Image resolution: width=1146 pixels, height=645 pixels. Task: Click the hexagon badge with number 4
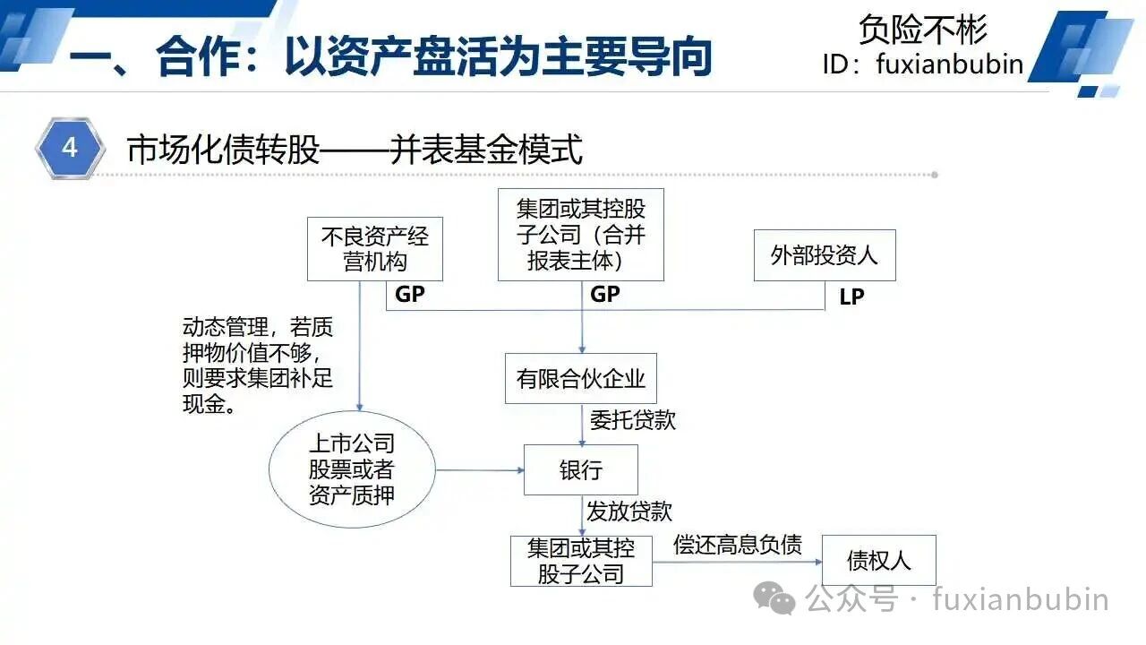pos(71,148)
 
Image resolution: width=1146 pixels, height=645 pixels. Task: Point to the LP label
pos(851,297)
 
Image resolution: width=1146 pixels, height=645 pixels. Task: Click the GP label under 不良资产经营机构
pos(410,295)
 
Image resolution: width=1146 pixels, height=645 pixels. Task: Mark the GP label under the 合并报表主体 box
pos(604,295)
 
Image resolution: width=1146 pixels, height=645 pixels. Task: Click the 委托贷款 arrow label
pos(633,420)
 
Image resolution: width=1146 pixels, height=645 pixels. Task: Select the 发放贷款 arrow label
pos(629,512)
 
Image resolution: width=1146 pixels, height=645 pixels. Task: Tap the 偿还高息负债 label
pos(737,545)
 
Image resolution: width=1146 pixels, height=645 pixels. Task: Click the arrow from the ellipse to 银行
pos(480,470)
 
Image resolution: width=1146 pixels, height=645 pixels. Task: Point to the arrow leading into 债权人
pos(737,562)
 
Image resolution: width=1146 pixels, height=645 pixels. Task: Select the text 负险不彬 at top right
pos(923,30)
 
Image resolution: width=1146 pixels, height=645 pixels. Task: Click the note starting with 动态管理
pos(258,365)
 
